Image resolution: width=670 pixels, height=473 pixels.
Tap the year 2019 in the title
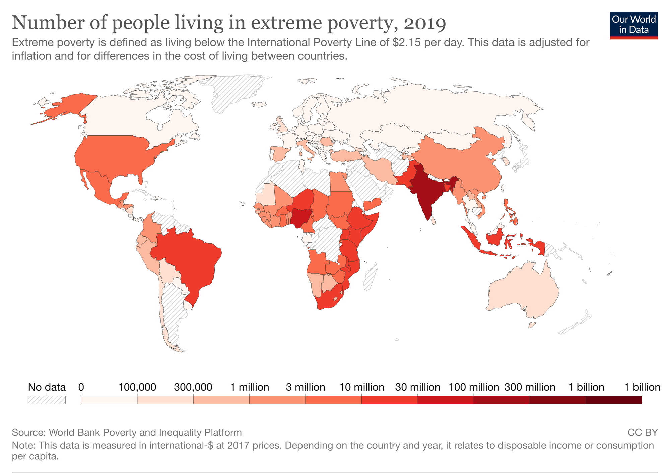tap(424, 23)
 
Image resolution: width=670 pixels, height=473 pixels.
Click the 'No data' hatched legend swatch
tap(47, 400)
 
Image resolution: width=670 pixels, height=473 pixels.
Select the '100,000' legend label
tap(137, 387)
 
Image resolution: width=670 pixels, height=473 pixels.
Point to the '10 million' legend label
tap(361, 387)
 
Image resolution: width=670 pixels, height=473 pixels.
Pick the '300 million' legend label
tap(530, 387)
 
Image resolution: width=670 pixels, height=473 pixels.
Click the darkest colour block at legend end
tap(614, 400)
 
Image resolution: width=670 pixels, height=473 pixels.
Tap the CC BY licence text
tap(643, 432)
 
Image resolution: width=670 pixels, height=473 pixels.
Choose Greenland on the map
tap(234, 90)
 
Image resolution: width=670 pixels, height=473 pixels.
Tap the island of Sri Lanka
tap(434, 221)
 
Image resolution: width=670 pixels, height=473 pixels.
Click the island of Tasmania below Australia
tap(532, 325)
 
